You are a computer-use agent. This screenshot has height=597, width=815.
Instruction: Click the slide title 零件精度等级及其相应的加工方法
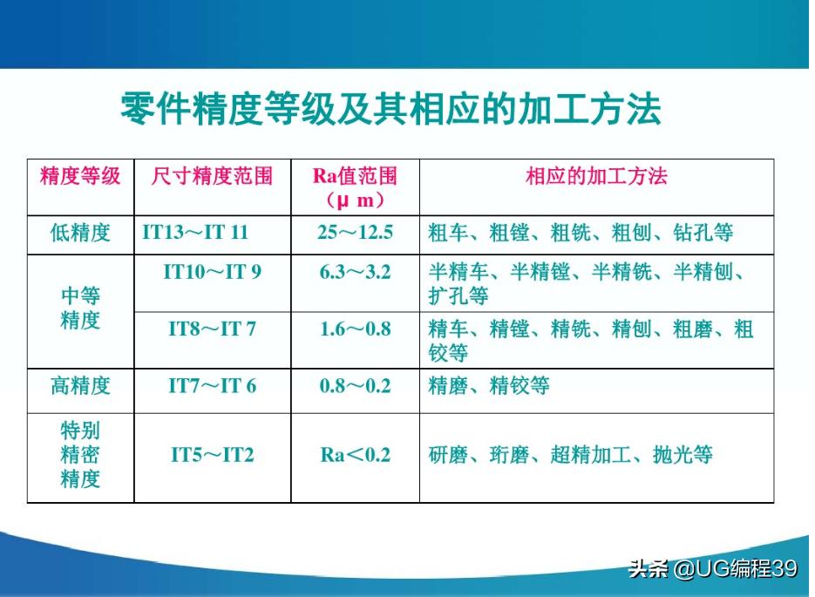point(390,111)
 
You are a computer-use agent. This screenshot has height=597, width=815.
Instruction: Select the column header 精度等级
point(80,177)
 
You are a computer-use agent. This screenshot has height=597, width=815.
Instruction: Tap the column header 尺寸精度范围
point(212,177)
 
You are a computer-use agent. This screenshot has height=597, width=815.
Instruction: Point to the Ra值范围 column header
point(355,187)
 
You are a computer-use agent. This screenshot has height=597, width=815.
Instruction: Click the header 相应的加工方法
point(596,177)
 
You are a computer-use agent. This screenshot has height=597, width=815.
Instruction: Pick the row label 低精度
point(80,234)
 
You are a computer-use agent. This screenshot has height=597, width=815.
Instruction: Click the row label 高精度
point(80,386)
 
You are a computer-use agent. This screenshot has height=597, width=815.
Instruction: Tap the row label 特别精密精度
point(80,454)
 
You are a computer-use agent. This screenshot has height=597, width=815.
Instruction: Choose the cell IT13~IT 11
point(195,234)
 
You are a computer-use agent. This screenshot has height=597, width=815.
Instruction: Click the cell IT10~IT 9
point(212,272)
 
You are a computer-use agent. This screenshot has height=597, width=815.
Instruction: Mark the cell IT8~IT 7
point(212,329)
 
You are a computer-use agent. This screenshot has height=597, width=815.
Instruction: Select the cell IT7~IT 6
point(212,386)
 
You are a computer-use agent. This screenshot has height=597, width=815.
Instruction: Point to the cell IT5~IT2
point(212,454)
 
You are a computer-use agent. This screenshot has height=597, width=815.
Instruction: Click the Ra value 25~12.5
point(355,234)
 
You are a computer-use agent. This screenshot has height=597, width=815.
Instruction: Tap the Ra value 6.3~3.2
point(355,272)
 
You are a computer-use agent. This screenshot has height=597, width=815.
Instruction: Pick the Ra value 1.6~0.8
point(355,329)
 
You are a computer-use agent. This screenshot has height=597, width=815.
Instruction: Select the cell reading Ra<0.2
point(355,454)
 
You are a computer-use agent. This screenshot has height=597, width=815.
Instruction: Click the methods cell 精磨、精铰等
point(489,386)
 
